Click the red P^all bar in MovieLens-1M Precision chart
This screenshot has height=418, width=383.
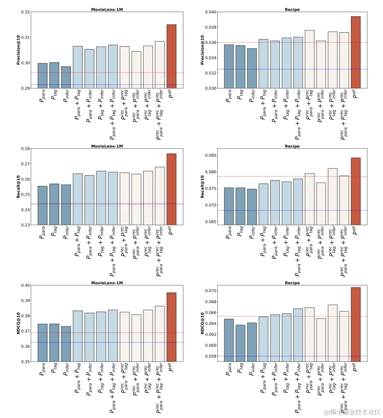[171, 56]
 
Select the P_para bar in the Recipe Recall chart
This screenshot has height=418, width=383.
[229, 206]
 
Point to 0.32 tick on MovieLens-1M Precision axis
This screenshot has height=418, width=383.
[26, 12]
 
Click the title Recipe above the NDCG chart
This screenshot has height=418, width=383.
[292, 283]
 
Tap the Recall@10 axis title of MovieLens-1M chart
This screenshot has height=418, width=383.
[18, 187]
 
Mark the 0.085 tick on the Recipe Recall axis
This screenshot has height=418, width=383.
[212, 155]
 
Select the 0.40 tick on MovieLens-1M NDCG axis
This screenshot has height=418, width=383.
[26, 285]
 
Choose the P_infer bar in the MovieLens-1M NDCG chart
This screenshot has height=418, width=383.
[66, 344]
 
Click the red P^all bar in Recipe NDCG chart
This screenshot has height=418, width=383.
[356, 324]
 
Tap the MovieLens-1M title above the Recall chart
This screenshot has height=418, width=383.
[107, 146]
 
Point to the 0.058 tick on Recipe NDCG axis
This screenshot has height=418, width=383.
[212, 356]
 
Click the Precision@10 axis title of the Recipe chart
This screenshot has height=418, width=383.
[202, 50]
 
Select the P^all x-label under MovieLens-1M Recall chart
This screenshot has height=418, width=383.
[171, 231]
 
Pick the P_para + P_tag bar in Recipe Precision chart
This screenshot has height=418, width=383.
[263, 64]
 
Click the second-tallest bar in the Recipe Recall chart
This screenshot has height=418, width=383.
[333, 196]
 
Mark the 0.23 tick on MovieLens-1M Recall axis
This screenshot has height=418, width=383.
[26, 225]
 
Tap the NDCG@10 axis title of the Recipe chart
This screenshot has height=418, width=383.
[202, 323]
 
